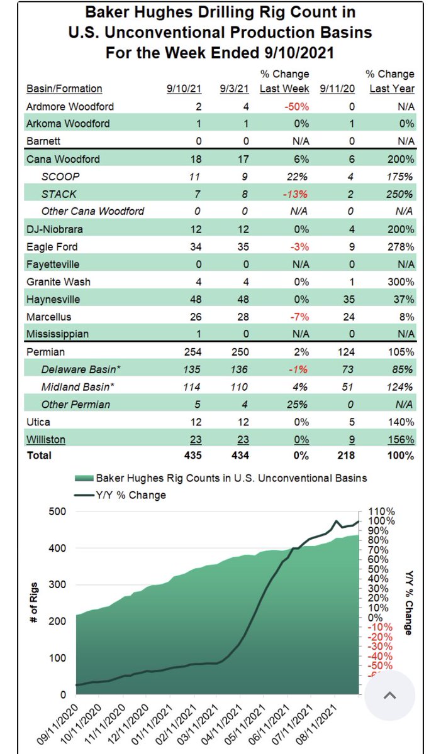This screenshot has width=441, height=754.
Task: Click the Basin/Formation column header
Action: coord(64,89)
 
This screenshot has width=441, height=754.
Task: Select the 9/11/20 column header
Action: coord(337,89)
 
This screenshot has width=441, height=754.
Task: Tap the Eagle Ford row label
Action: coord(52,247)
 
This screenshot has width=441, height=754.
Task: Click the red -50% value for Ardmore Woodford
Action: coord(296,107)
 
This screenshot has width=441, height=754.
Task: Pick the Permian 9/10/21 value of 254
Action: coord(193,352)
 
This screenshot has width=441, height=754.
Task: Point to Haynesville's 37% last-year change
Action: coord(404,299)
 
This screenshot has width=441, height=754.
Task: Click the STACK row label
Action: coord(59,194)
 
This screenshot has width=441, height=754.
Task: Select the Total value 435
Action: coord(193,456)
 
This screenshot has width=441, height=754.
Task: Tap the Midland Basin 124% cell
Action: coord(399,387)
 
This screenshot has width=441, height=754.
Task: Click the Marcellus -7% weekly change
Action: coord(299,317)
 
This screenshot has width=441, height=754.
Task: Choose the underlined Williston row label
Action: coord(46,439)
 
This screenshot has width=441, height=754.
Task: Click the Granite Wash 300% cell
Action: coord(401,281)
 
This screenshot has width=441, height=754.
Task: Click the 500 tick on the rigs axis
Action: coord(57,511)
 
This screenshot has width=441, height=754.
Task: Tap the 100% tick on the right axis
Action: coord(381,521)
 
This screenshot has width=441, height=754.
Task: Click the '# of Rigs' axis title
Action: coord(34,602)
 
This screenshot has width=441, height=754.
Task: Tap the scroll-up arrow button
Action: coord(390,696)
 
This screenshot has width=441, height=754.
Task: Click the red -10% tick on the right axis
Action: coord(380,627)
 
